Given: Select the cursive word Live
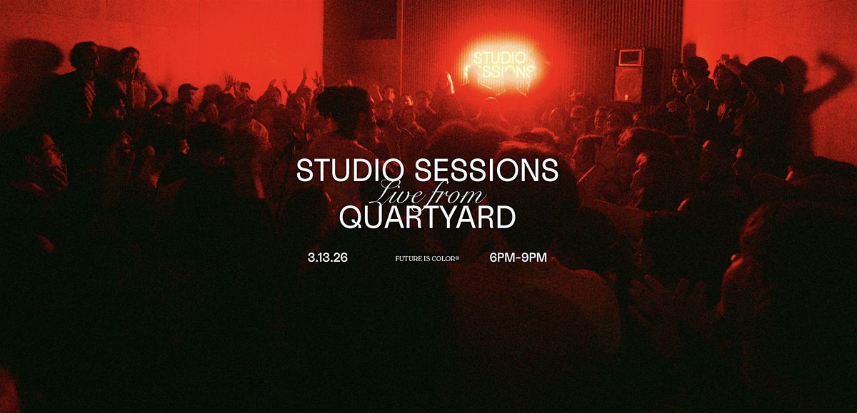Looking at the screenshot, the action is pyautogui.click(x=399, y=194).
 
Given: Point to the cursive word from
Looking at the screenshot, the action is pyautogui.click(x=458, y=194).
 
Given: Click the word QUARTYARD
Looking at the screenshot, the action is pyautogui.click(x=427, y=217).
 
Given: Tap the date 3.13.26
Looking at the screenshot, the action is pyautogui.click(x=328, y=258).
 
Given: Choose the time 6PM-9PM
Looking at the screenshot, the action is pyautogui.click(x=518, y=258).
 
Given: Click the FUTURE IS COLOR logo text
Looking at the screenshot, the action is pyautogui.click(x=427, y=259).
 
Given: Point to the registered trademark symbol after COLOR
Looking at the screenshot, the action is pyautogui.click(x=457, y=258).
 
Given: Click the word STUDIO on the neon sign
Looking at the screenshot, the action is pyautogui.click(x=499, y=58).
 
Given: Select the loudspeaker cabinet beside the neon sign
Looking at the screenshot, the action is pyautogui.click(x=637, y=76).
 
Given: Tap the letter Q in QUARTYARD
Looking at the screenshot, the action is pyautogui.click(x=353, y=218).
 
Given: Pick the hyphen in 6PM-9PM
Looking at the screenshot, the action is pyautogui.click(x=518, y=258).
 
